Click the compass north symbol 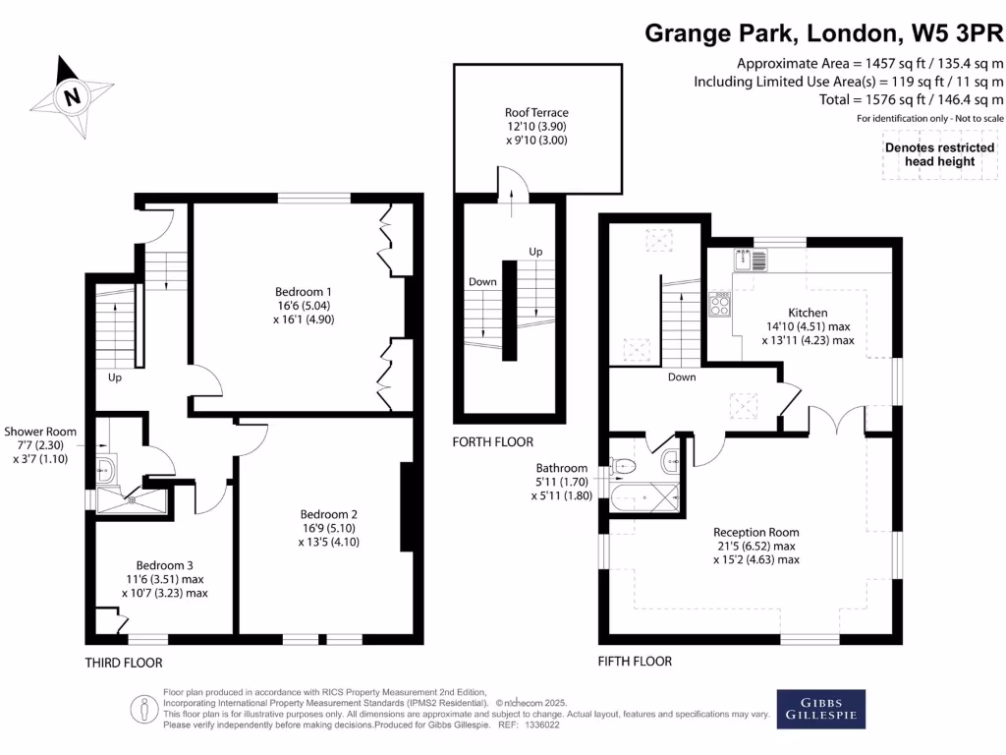click(x=70, y=95)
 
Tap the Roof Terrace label click(x=536, y=113)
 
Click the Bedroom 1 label click(x=304, y=292)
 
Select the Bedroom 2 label click(x=328, y=514)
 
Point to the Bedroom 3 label click(x=164, y=565)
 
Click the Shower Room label click(x=40, y=432)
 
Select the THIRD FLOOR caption click(x=123, y=664)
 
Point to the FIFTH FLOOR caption click(x=636, y=662)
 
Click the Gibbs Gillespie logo click(x=822, y=708)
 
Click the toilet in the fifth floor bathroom click(x=626, y=464)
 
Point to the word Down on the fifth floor click(x=682, y=377)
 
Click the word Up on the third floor click(x=116, y=377)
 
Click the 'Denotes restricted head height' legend click(x=929, y=154)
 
